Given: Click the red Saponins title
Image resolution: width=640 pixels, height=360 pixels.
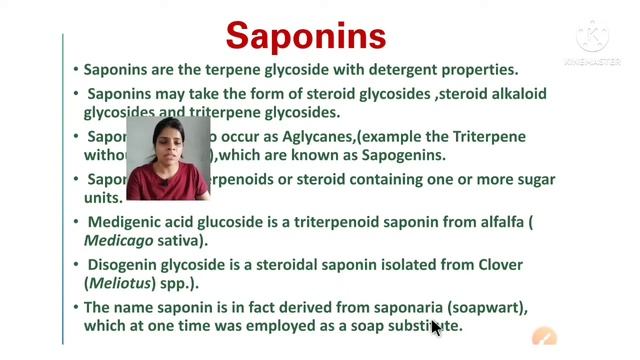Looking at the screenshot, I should click(306, 36).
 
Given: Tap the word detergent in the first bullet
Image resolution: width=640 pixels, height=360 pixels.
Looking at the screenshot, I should click(392, 70).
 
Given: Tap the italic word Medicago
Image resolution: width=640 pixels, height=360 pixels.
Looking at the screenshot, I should click(122, 240).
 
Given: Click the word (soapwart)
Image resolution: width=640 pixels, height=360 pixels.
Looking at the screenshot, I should click(485, 308).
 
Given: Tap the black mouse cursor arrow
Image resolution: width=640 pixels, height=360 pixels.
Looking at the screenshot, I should click(435, 327).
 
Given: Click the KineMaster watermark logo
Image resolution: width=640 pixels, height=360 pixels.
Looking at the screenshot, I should click(592, 40).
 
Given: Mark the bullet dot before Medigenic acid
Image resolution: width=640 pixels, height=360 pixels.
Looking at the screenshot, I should click(77, 222).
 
